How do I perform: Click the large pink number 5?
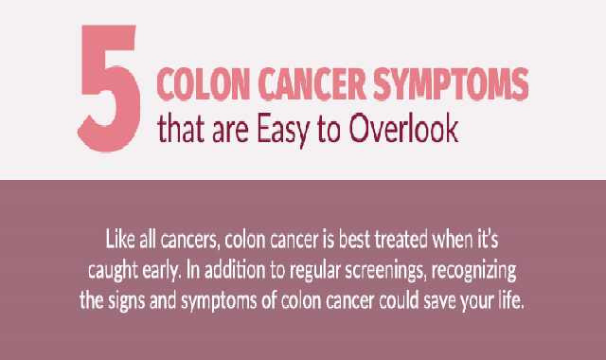click(x=109, y=88)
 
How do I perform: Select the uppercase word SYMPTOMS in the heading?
click(x=451, y=84)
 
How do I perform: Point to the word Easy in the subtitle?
click(x=283, y=130)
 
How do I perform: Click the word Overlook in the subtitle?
click(x=403, y=128)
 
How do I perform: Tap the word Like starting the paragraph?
click(x=120, y=240)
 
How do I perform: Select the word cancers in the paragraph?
click(x=189, y=241)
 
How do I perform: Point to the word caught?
click(x=113, y=271)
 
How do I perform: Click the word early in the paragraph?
click(x=161, y=271)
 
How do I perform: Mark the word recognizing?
click(x=473, y=271)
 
